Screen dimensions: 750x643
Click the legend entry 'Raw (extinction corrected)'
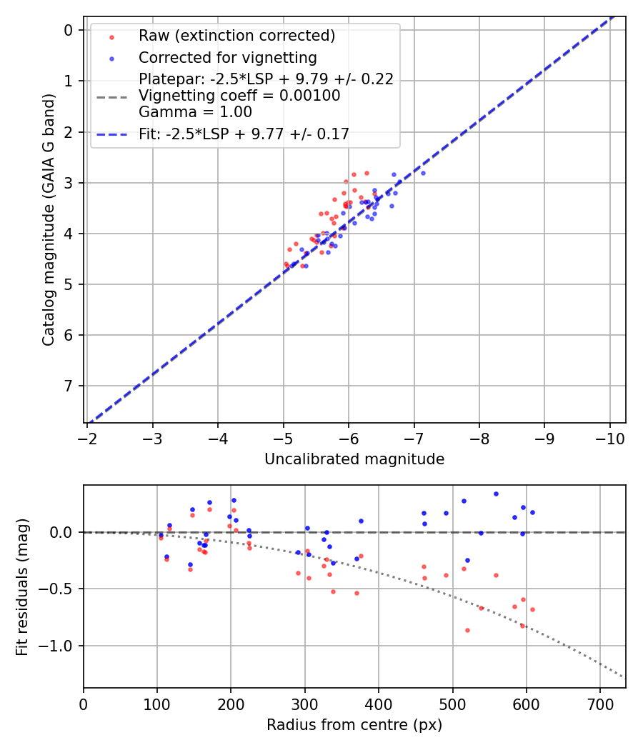click(x=236, y=36)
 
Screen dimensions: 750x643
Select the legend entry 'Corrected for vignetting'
click(x=227, y=57)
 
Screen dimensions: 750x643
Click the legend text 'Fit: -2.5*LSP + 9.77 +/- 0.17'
click(x=244, y=134)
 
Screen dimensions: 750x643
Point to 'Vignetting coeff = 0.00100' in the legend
click(x=239, y=96)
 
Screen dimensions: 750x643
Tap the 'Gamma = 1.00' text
click(x=195, y=111)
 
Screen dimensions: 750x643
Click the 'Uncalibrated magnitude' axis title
click(x=354, y=459)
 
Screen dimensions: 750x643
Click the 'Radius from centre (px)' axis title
click(x=354, y=725)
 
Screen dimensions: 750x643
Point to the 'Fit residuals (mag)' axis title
click(x=22, y=586)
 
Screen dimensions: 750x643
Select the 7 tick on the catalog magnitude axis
click(x=69, y=386)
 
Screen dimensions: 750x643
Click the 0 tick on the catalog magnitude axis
click(x=69, y=30)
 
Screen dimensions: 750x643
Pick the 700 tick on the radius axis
click(x=600, y=704)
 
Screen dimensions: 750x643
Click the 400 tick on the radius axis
click(x=379, y=704)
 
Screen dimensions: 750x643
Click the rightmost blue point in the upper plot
click(x=423, y=173)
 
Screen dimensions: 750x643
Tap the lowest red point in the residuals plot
click(x=467, y=630)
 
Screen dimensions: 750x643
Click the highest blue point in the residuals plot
click(x=496, y=494)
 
